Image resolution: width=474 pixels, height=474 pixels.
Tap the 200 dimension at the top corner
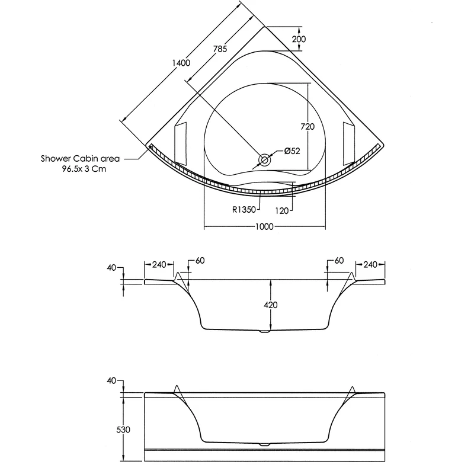click(x=300, y=39)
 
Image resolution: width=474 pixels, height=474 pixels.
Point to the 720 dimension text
click(x=308, y=126)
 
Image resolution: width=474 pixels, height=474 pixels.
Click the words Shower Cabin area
click(x=81, y=159)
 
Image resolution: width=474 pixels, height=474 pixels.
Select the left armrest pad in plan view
click(x=181, y=142)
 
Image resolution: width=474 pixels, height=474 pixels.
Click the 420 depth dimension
click(x=271, y=305)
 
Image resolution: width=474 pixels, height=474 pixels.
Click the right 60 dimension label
click(x=339, y=261)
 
